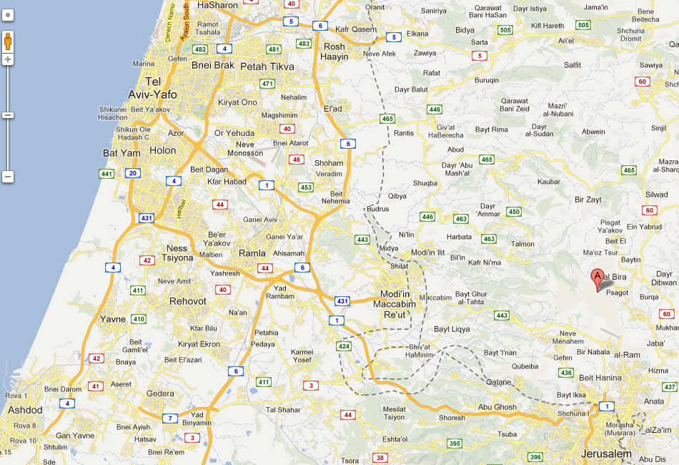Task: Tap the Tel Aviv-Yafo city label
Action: [152, 88]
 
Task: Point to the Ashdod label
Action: [24, 410]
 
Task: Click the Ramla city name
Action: [252, 253]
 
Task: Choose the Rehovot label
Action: [187, 301]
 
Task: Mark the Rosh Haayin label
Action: [334, 52]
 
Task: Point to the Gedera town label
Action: [160, 393]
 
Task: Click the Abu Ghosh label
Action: [497, 406]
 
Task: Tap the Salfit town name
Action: [572, 65]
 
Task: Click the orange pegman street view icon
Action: [8, 41]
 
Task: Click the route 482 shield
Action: [200, 49]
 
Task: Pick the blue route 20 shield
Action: [132, 173]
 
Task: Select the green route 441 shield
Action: [106, 174]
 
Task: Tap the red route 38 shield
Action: [380, 458]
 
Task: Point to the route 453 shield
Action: [306, 187]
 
